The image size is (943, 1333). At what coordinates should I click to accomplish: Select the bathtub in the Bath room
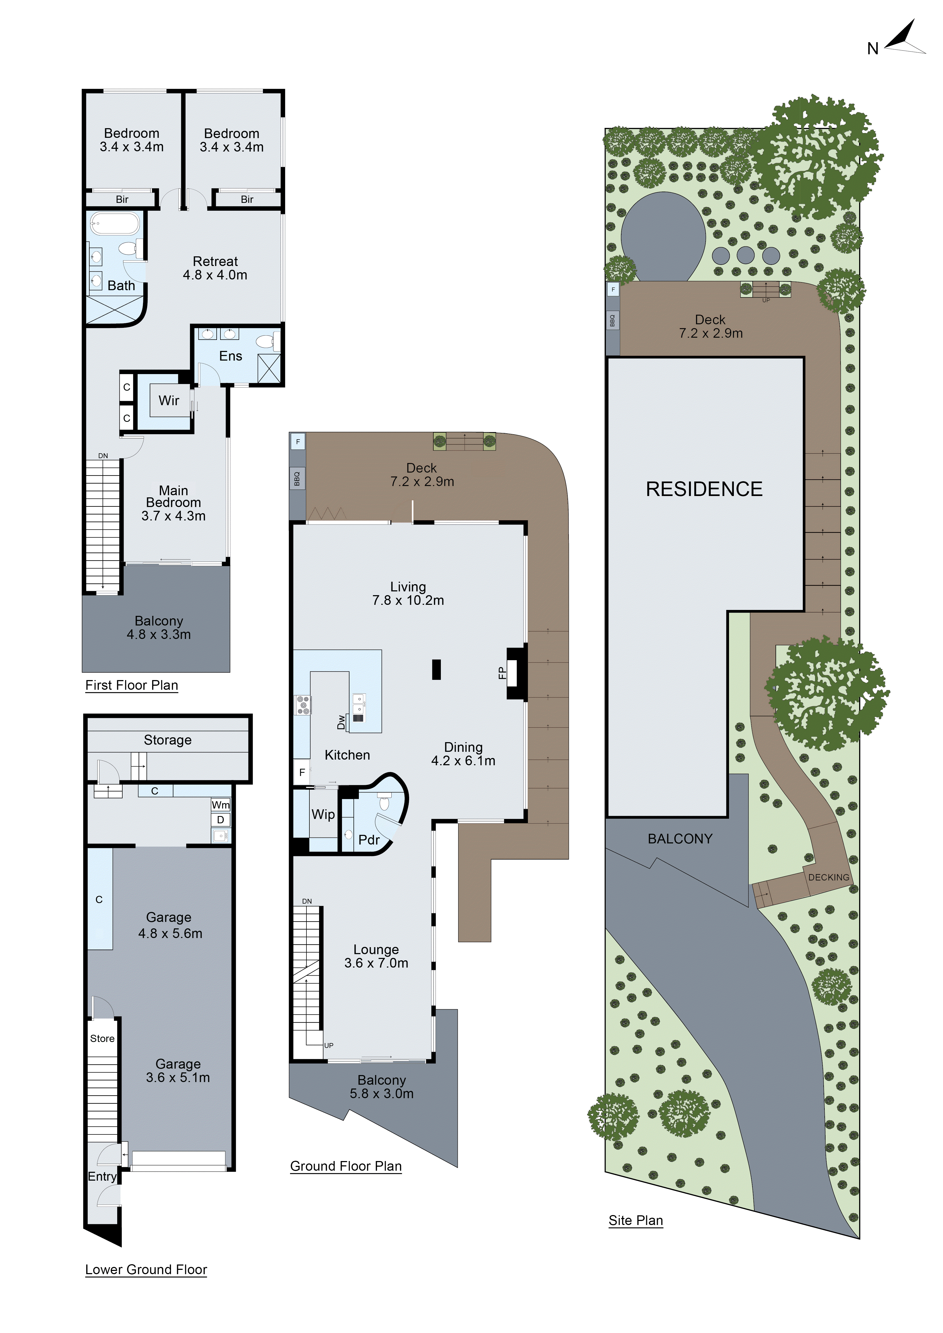[115, 223]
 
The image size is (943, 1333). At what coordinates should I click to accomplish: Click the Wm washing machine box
[221, 805]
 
